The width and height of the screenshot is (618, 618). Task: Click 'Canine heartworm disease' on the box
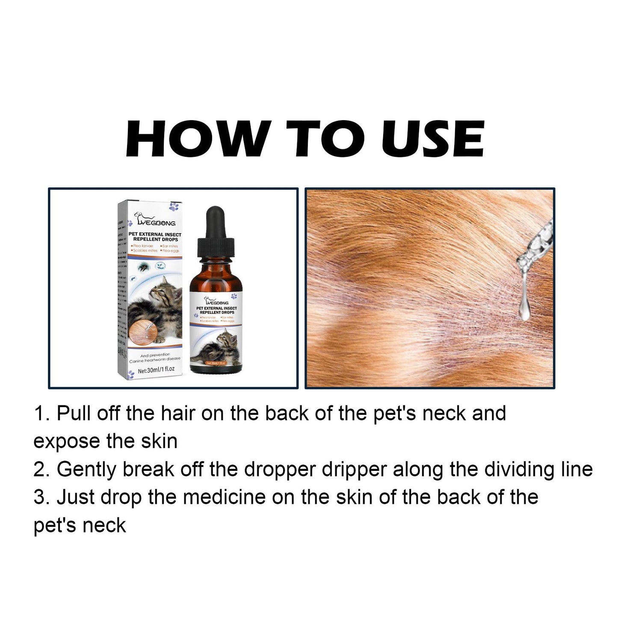coord(155,359)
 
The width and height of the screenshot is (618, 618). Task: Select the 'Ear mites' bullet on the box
coord(169,246)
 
